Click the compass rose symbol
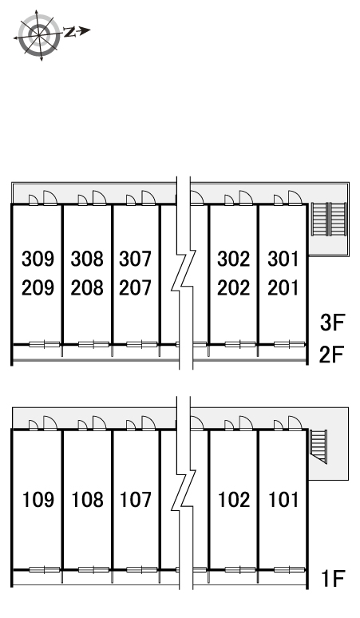[39, 35]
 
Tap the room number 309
[38, 259]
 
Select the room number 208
[87, 287]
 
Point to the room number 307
[136, 259]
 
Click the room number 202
[234, 287]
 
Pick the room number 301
[283, 259]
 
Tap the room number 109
[38, 500]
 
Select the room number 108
[87, 500]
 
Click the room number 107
[136, 500]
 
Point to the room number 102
[234, 500]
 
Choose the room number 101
[283, 500]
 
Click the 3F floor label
[332, 323]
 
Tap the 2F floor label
[331, 354]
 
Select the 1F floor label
[333, 579]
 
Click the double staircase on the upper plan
[329, 219]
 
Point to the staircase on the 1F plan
[318, 446]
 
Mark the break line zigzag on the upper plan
[183, 273]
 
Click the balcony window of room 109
[45, 569]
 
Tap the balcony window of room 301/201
[290, 344]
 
